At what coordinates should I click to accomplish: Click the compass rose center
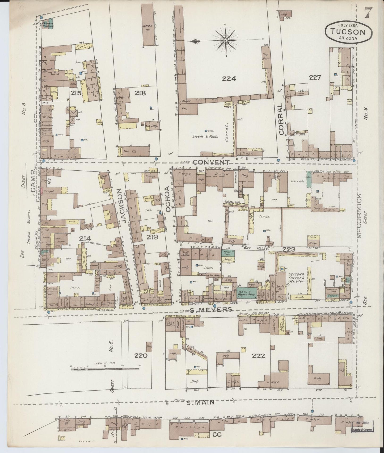click(x=225, y=40)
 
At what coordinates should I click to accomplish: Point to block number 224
click(x=229, y=79)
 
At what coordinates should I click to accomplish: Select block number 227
click(x=315, y=78)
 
